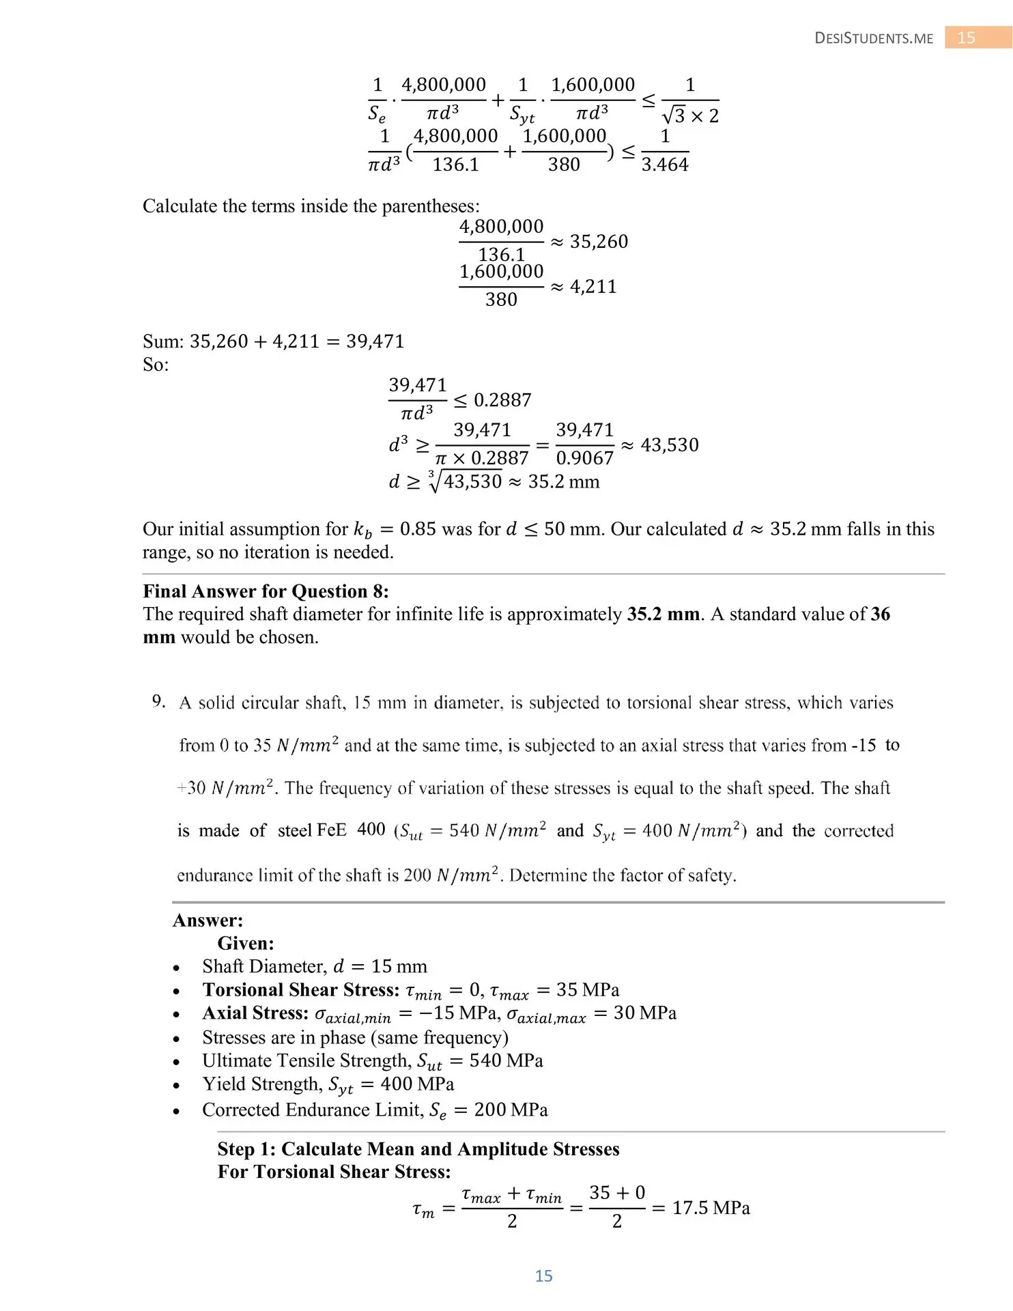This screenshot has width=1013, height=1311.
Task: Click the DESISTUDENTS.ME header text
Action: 874,38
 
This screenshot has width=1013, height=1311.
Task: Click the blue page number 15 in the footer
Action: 543,1275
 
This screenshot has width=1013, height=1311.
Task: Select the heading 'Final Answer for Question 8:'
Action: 266,591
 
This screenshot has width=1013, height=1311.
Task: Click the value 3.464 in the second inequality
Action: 665,165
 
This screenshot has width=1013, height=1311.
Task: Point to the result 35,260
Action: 599,242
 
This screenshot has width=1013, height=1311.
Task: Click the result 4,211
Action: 593,287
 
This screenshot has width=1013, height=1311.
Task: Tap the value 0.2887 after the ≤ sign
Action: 502,400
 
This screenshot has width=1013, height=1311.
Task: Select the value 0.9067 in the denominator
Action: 585,458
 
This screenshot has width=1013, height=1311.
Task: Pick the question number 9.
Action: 158,701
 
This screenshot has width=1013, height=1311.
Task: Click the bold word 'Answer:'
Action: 208,920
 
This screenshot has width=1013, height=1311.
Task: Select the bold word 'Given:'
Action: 246,943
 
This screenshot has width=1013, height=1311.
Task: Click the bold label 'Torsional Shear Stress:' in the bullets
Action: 301,989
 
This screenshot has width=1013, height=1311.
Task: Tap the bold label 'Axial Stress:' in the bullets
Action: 255,1013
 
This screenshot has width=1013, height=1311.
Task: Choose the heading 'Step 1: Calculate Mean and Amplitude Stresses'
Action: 418,1148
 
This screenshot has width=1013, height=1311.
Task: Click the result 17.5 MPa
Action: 711,1208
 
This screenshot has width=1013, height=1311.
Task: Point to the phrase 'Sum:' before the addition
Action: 162,341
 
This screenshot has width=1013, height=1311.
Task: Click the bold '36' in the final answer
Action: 880,614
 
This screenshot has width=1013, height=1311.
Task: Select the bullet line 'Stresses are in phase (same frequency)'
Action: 355,1037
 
